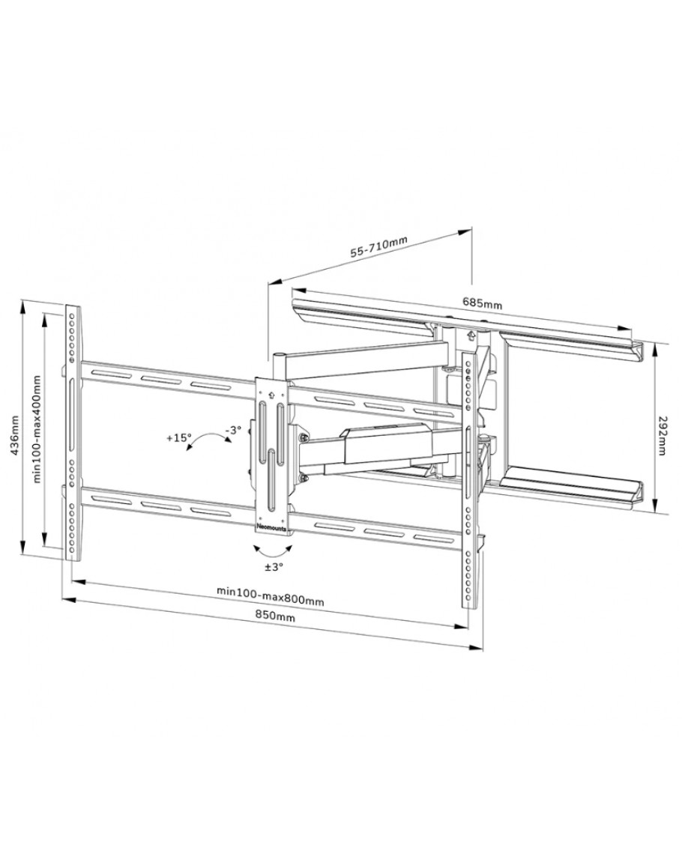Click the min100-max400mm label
click(37, 429)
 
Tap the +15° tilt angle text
click(178, 438)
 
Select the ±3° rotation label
click(274, 566)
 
